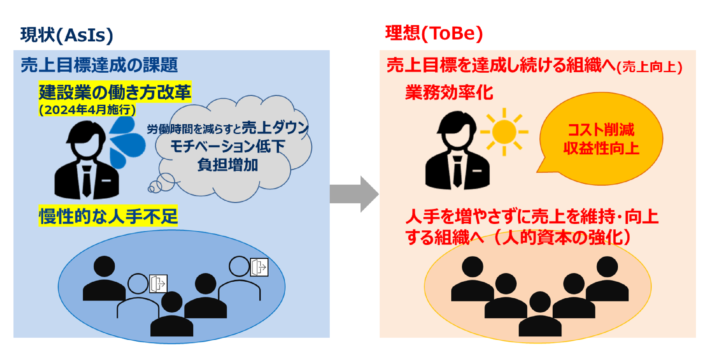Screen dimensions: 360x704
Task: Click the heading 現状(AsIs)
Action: tap(67, 35)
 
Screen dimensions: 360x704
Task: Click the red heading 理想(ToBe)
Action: tap(434, 33)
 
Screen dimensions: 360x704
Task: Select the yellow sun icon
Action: tap(504, 132)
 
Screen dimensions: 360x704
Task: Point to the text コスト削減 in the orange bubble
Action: tap(601, 130)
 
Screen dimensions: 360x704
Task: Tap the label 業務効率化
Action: tap(449, 93)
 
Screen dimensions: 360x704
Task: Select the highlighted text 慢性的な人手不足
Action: tap(108, 216)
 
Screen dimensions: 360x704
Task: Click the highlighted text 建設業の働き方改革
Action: tap(115, 92)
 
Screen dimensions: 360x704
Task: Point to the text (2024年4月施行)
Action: tap(87, 110)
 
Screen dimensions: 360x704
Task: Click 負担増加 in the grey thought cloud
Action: tap(228, 165)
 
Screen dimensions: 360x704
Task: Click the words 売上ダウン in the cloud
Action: tap(275, 128)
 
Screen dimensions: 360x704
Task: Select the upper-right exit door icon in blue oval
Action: tap(259, 267)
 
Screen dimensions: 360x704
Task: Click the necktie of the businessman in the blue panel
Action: tap(87, 181)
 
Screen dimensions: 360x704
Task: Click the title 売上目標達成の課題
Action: tap(99, 65)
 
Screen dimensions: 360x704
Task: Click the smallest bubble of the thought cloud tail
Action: tap(151, 189)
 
